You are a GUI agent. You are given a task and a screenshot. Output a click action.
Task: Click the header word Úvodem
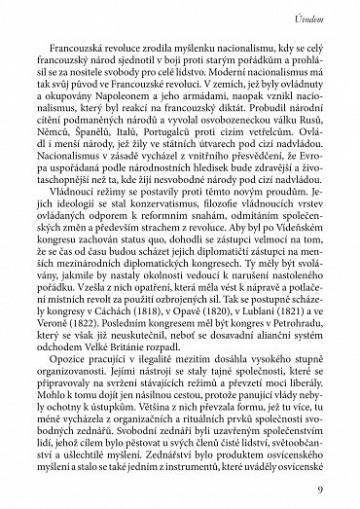pyautogui.click(x=317, y=18)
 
